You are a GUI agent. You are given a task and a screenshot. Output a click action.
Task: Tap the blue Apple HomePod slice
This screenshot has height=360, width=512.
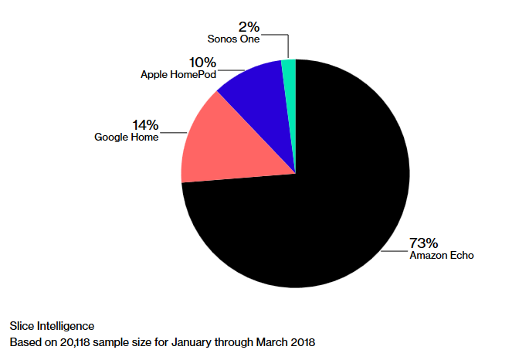tap(255, 89)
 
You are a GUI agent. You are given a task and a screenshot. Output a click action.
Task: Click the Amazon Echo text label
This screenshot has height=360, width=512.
tap(441, 254)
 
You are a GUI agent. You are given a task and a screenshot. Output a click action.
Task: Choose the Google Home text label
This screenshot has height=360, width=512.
tap(127, 137)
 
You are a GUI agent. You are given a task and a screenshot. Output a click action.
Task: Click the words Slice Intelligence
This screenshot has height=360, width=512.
tap(51, 325)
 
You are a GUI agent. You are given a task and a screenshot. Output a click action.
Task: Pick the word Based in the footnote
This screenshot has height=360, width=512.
tap(24, 341)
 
